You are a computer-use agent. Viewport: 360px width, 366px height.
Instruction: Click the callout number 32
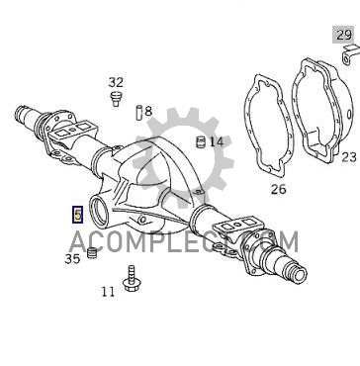pyautogui.click(x=116, y=82)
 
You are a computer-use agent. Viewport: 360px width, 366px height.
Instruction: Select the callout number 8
pyautogui.click(x=148, y=112)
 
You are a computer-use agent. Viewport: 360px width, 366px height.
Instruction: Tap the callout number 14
pyautogui.click(x=217, y=142)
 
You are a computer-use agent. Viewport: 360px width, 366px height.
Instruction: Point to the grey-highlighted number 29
pyautogui.click(x=343, y=35)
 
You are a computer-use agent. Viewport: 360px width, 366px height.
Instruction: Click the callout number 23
pyautogui.click(x=349, y=157)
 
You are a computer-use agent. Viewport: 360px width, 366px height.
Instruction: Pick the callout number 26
pyautogui.click(x=279, y=189)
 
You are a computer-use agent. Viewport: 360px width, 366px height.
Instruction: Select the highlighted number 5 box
pyautogui.click(x=77, y=215)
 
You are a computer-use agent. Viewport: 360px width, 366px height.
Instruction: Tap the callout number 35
pyautogui.click(x=72, y=259)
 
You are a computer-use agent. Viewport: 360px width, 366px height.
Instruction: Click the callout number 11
pyautogui.click(x=108, y=292)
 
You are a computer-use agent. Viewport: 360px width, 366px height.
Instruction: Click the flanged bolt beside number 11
pyautogui.click(x=132, y=279)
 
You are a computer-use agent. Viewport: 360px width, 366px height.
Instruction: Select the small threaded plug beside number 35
pyautogui.click(x=92, y=253)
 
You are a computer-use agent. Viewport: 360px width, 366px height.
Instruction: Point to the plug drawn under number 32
pyautogui.click(x=116, y=99)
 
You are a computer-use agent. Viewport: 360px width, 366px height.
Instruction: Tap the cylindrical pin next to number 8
pyautogui.click(x=139, y=113)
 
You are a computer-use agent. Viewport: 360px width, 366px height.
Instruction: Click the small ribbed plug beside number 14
pyautogui.click(x=201, y=142)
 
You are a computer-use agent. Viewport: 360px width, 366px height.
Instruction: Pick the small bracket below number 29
pyautogui.click(x=349, y=55)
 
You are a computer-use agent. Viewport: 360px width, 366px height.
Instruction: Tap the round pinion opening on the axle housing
pyautogui.click(x=100, y=211)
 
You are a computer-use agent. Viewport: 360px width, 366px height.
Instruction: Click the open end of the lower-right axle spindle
pyautogui.click(x=299, y=274)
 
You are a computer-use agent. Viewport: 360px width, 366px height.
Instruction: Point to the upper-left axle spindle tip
pyautogui.click(x=19, y=113)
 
